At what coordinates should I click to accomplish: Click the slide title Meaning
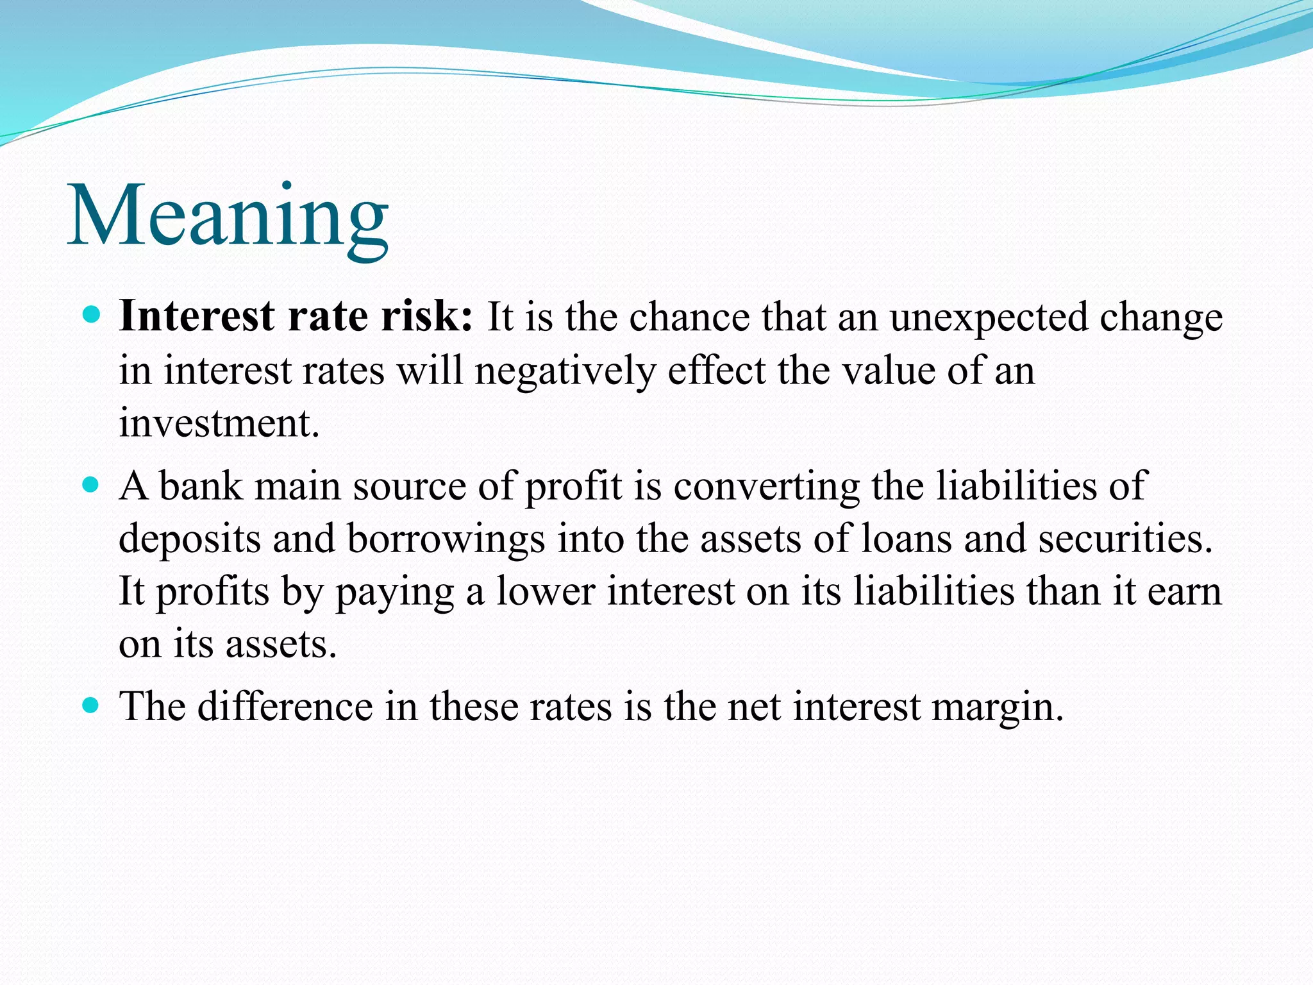click(x=228, y=217)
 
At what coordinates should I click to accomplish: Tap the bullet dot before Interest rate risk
click(x=92, y=315)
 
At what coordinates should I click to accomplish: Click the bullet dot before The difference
click(x=92, y=705)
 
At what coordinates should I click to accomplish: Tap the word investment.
click(x=219, y=424)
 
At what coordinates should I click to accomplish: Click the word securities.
click(x=1125, y=539)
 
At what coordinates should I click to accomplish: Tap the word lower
click(x=546, y=591)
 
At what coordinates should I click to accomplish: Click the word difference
click(x=285, y=707)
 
